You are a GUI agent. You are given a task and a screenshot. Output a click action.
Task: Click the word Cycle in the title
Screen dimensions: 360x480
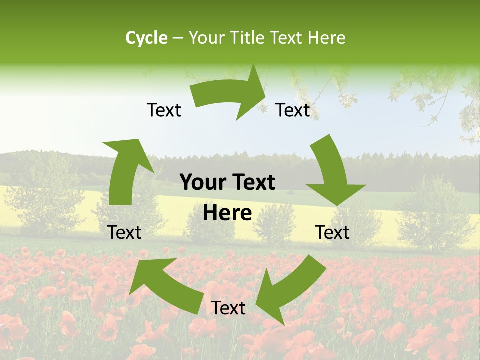coord(146,38)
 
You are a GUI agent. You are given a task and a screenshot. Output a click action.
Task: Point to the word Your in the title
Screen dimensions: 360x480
coord(207,38)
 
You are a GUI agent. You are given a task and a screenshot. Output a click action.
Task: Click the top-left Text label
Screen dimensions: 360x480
coord(164,110)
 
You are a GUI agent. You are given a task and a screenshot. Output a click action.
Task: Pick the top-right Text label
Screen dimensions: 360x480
coord(293,110)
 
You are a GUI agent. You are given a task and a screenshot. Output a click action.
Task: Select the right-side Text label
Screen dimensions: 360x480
coord(332,232)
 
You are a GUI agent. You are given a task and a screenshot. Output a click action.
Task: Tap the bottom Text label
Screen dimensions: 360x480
coord(228,308)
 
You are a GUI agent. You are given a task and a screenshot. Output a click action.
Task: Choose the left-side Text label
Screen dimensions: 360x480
coord(124,232)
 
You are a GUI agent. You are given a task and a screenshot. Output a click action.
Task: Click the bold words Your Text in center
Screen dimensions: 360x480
coord(227,183)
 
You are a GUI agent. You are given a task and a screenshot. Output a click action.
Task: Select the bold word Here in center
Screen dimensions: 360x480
coord(227,213)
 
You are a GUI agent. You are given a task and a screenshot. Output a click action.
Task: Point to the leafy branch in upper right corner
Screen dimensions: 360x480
coord(440,95)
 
